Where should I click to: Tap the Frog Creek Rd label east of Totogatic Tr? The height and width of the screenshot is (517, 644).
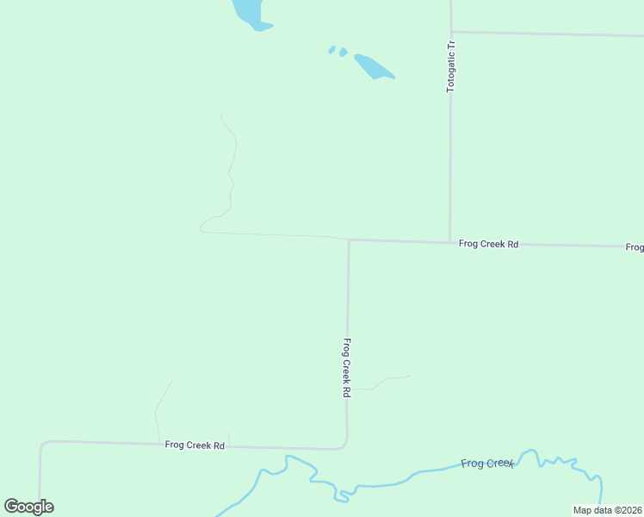point(488,245)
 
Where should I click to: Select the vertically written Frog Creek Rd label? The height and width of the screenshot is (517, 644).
point(346,367)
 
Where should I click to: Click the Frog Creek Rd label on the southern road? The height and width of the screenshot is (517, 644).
point(195,445)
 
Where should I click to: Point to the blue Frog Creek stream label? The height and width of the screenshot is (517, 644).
point(487,464)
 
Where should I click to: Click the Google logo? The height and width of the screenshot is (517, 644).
point(28,507)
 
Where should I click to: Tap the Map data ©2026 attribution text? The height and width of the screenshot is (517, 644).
point(607,510)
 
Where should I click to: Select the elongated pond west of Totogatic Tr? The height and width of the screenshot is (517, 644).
point(373,66)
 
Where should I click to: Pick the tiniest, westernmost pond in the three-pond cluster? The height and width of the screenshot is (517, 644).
point(331,49)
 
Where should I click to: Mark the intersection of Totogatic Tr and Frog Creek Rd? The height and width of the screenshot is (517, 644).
point(449,242)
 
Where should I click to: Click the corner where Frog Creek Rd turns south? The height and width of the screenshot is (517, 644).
point(349,240)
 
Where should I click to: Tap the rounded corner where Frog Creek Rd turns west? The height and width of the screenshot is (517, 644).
point(345,446)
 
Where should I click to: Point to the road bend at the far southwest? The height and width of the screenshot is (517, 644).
point(41,445)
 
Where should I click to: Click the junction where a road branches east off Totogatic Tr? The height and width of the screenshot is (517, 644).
point(451,33)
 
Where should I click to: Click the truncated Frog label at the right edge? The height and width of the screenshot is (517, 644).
point(635,247)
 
